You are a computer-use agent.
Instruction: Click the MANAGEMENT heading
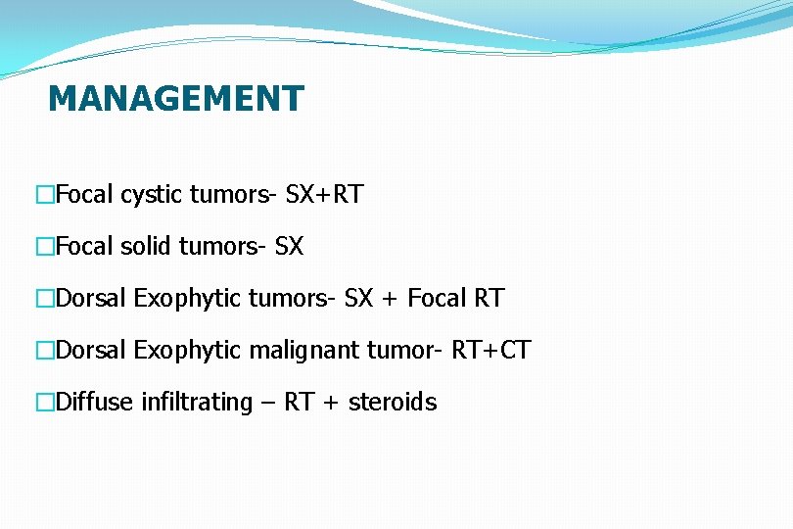click(176, 99)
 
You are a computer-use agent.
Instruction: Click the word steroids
click(393, 403)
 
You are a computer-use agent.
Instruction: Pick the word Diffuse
click(95, 403)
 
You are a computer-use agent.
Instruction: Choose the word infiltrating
click(197, 403)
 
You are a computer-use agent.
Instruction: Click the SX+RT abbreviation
click(324, 195)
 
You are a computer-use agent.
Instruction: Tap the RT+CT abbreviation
click(490, 351)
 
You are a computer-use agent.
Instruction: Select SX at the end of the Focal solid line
click(290, 247)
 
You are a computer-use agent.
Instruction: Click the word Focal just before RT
click(438, 299)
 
